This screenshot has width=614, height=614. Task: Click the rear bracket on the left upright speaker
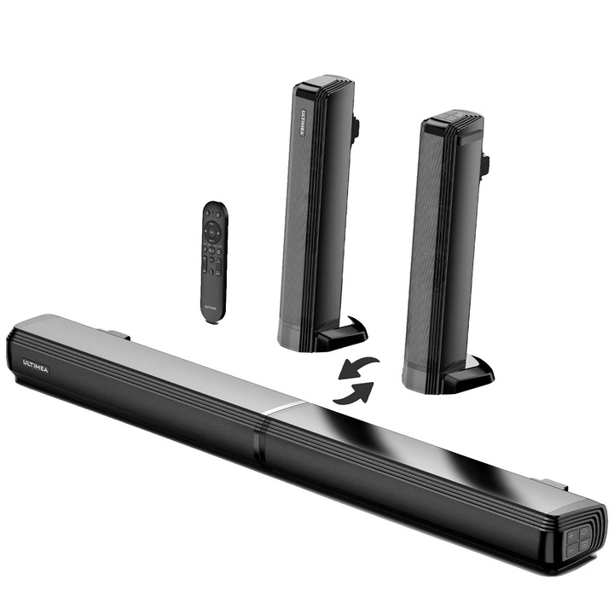(x=355, y=128)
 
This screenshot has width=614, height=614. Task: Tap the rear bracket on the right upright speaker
(x=484, y=164)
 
